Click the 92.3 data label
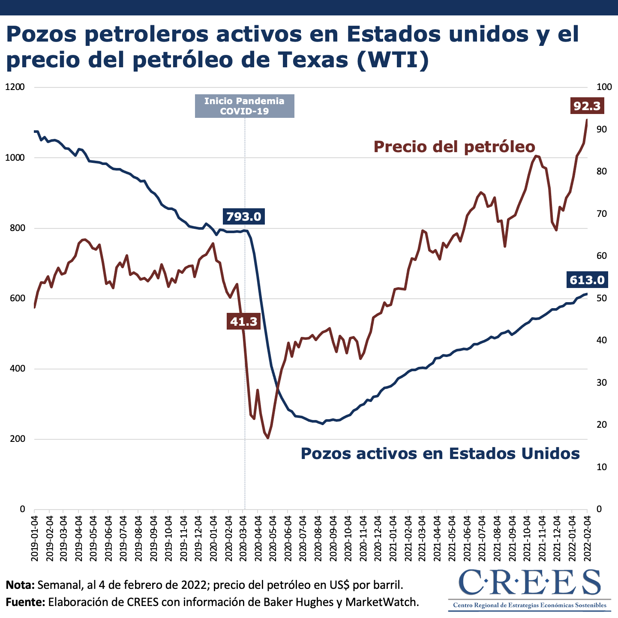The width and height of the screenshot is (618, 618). tap(587, 105)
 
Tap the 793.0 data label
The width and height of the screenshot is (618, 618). tap(244, 216)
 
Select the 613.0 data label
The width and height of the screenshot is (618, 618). tap(587, 280)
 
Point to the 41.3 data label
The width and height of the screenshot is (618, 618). tap(244, 321)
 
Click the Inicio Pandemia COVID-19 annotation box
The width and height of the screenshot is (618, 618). tap(244, 106)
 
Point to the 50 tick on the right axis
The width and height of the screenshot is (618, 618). tap(602, 298)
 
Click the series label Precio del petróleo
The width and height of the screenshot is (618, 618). tap(454, 147)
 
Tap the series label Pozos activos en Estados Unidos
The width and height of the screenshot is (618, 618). tap(440, 453)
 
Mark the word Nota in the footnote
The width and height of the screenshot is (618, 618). tap(20, 585)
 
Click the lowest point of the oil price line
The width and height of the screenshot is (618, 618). tap(268, 438)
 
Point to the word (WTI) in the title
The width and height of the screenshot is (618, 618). tap(393, 59)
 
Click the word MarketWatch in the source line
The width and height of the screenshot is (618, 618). tap(382, 602)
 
